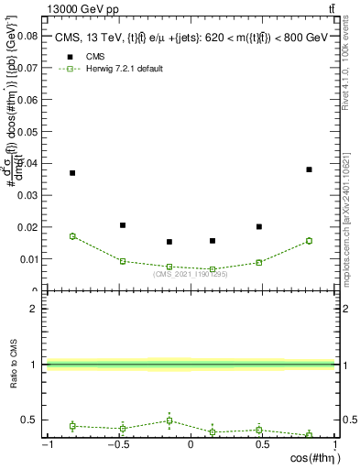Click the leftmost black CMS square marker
click(72, 173)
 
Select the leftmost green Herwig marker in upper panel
click(72, 236)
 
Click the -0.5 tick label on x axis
click(118, 444)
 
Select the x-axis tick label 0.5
click(262, 444)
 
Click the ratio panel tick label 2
click(34, 309)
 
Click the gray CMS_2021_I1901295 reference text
click(190, 274)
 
